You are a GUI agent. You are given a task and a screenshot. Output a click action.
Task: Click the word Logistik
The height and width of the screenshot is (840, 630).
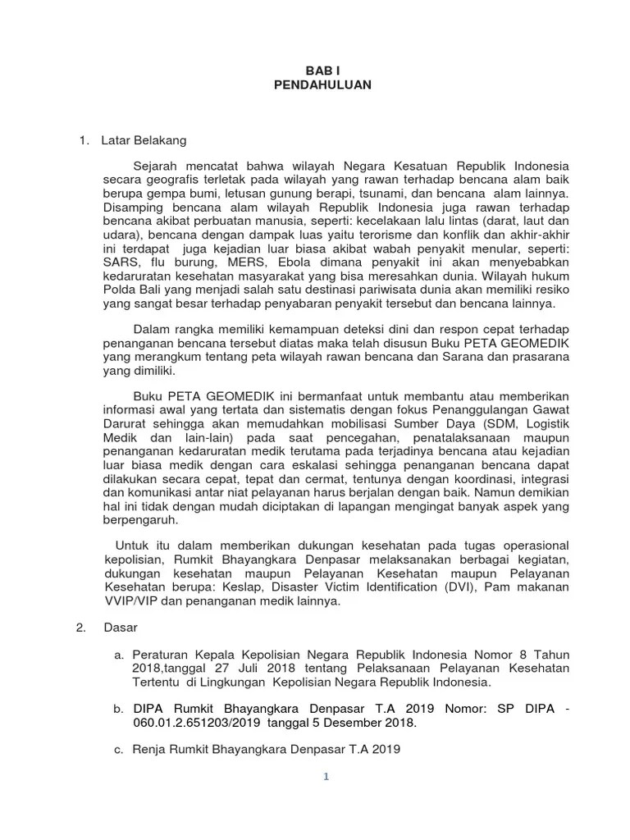[542, 425]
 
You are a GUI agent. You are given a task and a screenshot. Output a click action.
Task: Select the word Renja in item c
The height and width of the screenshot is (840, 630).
[151, 751]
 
